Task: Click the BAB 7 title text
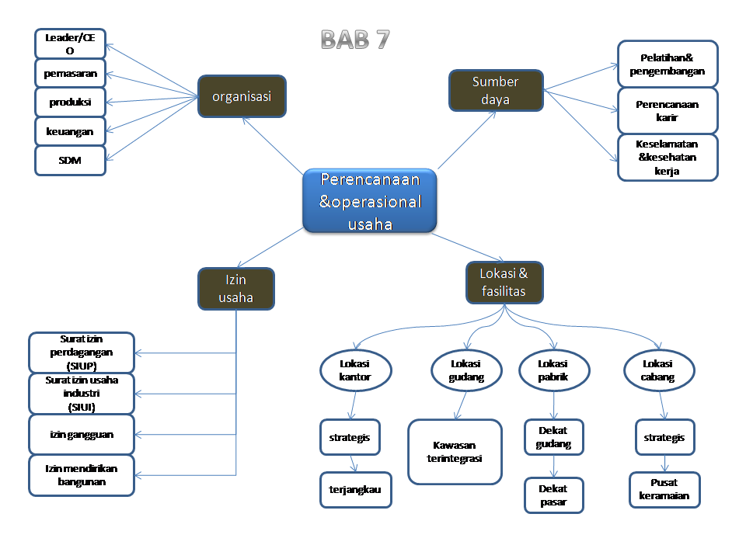tap(355, 40)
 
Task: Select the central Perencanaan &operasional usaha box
tap(369, 201)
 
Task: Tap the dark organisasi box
tap(242, 96)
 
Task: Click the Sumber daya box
tap(496, 91)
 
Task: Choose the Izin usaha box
tap(235, 289)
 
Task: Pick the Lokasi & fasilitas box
tap(504, 283)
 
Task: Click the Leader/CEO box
tap(70, 43)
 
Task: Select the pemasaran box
tap(70, 73)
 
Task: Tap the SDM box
tap(70, 161)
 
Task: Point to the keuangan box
tap(70, 131)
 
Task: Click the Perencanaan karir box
tap(668, 111)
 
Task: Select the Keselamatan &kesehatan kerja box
tap(668, 158)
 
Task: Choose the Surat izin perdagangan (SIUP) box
tap(81, 352)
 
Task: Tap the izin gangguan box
tap(81, 434)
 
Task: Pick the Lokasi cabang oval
tap(658, 370)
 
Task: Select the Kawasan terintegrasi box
tap(455, 452)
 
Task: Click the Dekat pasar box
tap(553, 495)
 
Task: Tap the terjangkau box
tap(355, 490)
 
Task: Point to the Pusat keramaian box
tap(664, 490)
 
